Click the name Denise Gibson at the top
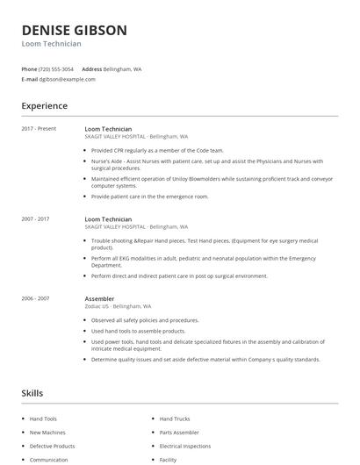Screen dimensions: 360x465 (74, 30)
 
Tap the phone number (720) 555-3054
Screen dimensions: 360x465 (56, 68)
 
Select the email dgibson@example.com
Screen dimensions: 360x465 (67, 79)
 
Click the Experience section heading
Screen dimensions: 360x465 (44, 106)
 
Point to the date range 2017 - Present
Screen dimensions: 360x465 (39, 129)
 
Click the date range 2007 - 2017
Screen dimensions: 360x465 (36, 218)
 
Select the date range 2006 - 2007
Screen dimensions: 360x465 (36, 298)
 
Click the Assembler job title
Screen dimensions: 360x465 (99, 298)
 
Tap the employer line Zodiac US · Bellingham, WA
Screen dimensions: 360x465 (118, 306)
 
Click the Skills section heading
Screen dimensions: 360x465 (32, 393)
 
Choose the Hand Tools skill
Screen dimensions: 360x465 (44, 419)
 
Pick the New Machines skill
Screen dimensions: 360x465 (47, 433)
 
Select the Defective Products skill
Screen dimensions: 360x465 (53, 446)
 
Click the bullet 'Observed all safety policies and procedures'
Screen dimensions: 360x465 (145, 319)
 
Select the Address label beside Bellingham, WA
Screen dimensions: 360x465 (92, 68)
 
